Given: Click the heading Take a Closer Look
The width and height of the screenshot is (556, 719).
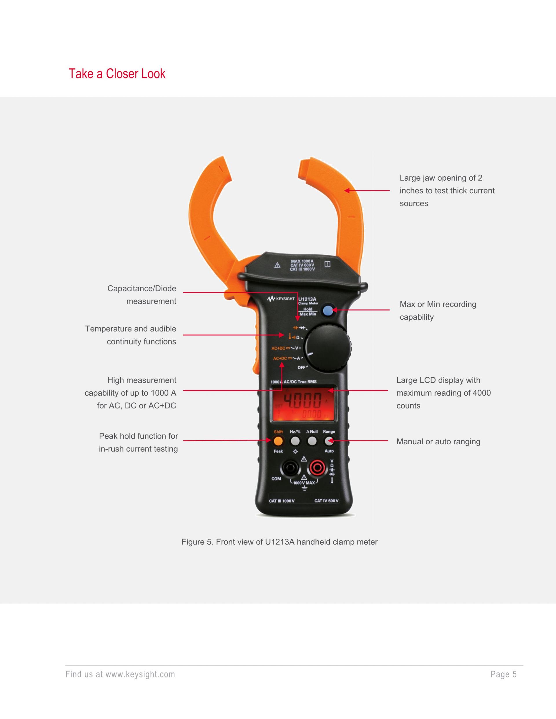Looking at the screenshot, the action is [x=117, y=74].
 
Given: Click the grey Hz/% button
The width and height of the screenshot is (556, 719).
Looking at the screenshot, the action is [x=295, y=441].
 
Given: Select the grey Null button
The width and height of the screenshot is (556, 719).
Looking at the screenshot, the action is [x=312, y=441].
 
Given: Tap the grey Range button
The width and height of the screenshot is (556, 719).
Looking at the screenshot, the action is [x=329, y=441].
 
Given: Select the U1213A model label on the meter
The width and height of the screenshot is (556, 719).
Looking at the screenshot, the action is [x=307, y=299].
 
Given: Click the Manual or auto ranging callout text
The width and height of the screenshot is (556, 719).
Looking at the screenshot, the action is [x=438, y=441].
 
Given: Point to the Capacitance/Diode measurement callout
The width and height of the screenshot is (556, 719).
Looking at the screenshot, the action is [x=142, y=295].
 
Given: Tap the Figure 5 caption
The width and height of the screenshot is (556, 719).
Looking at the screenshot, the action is [x=279, y=542].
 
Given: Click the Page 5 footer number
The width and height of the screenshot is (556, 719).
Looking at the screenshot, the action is [x=503, y=674].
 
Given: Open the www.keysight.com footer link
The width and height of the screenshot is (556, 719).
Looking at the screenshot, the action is [x=140, y=674].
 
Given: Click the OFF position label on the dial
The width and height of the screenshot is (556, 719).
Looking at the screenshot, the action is [x=301, y=367].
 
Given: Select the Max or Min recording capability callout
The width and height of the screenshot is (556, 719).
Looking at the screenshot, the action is [x=438, y=311].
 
